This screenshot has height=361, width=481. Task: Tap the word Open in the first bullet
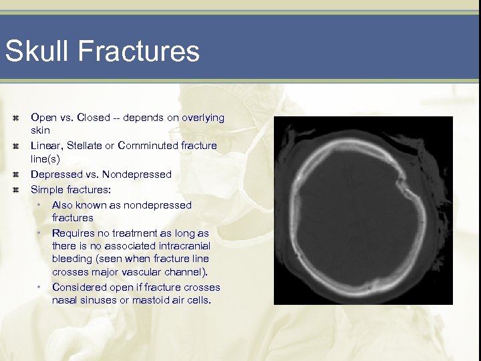click(43, 118)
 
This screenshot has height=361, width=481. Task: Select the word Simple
click(47, 189)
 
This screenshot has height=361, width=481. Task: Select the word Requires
click(74, 233)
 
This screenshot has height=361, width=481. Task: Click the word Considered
click(79, 287)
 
